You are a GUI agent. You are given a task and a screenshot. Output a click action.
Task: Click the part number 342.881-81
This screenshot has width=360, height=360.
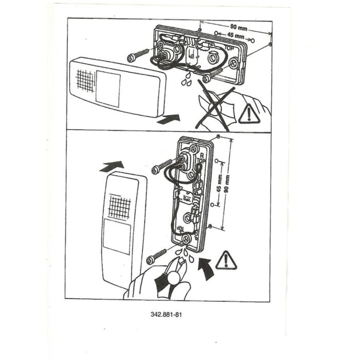[x=166, y=314]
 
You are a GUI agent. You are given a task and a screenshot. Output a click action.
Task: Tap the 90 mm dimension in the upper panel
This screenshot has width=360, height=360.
[x=239, y=27]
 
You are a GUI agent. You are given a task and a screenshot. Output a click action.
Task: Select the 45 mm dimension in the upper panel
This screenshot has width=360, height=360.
[x=236, y=35]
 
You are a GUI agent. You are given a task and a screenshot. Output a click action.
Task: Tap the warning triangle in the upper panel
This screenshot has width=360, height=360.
[x=249, y=114]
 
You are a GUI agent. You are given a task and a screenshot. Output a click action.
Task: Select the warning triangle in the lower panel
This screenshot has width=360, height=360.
[x=226, y=260]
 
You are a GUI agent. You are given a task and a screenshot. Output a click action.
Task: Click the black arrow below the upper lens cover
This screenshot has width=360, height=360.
[x=168, y=119]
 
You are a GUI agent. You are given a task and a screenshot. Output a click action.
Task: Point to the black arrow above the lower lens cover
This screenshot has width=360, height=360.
[x=112, y=166]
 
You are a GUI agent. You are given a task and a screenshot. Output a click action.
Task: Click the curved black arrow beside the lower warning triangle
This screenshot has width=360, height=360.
[x=206, y=268]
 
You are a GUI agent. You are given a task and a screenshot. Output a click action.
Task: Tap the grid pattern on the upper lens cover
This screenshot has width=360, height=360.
[x=85, y=81]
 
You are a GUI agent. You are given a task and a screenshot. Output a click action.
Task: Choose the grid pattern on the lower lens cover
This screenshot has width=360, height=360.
[x=120, y=206]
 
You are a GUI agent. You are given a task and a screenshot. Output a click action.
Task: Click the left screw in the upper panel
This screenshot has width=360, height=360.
[x=138, y=55]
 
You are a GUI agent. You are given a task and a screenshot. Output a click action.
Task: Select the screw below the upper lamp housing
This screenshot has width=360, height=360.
[x=212, y=75]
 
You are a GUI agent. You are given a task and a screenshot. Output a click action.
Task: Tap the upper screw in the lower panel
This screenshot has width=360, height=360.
[x=162, y=166]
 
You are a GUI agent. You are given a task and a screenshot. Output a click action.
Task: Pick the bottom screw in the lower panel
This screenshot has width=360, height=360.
[x=156, y=256]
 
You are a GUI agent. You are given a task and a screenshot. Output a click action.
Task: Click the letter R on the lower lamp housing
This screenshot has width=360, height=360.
[x=202, y=156]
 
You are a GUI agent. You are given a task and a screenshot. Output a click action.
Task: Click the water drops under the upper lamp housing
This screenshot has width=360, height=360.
[x=186, y=79]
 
